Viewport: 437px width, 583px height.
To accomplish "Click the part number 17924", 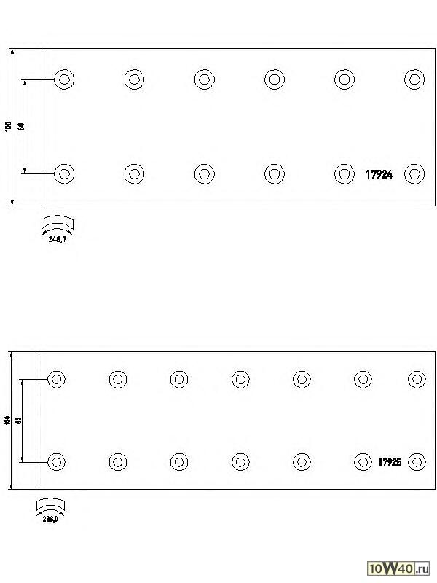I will [x=379, y=174].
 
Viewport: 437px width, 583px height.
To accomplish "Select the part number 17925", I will [x=390, y=462].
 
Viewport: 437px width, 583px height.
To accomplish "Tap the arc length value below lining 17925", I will [x=51, y=519].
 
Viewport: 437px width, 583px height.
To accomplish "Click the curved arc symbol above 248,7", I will [x=58, y=222].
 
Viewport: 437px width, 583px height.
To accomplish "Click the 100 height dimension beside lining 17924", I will [x=8, y=127].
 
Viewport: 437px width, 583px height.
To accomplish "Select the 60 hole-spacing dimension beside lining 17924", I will [x=22, y=126].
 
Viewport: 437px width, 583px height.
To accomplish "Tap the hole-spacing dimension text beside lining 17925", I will [x=18, y=420].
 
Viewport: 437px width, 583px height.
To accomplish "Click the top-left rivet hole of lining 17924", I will [x=64, y=79].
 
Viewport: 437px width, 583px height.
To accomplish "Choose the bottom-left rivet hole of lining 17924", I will [x=64, y=173].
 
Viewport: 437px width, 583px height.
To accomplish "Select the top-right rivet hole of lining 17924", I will [x=414, y=79].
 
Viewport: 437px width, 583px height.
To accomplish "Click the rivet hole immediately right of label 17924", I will [x=414, y=173].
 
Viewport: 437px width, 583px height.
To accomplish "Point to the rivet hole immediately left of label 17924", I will [x=344, y=173].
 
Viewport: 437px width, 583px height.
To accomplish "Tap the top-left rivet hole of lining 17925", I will [x=57, y=379].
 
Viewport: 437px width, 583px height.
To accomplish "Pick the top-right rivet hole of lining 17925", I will [x=417, y=379].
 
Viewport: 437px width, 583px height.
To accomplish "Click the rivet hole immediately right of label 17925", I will [x=417, y=462].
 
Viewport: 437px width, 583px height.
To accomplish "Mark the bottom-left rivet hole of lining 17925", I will [x=57, y=462].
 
